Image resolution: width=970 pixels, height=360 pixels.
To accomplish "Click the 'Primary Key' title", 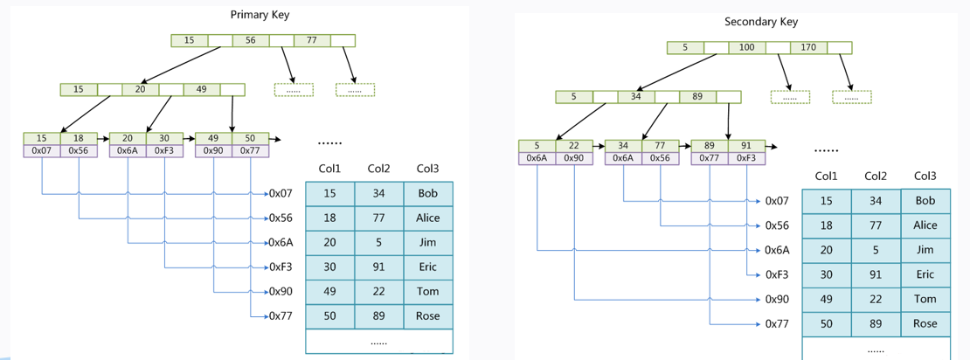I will point(260,15).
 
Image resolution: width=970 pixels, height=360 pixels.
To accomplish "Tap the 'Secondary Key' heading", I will point(760,22).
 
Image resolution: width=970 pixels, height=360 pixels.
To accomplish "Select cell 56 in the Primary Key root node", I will point(250,40).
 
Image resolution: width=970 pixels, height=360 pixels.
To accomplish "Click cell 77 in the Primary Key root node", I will point(311,40).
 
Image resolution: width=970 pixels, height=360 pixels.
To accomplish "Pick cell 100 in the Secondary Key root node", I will point(746,47).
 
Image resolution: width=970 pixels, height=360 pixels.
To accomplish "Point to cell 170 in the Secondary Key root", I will point(807,47).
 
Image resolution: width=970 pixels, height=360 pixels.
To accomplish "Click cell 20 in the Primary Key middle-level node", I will point(140,89).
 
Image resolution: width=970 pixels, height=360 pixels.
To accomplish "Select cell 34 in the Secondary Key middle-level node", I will point(635,96).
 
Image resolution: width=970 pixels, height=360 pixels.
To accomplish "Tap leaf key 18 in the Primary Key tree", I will point(79,138).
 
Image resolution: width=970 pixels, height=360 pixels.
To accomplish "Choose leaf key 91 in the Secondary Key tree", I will point(746,146).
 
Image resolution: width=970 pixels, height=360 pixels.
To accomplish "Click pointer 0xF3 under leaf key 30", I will point(164,150).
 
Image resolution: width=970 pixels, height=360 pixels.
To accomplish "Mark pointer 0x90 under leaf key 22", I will point(573,158).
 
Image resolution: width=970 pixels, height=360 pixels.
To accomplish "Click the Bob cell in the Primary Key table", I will point(428,193).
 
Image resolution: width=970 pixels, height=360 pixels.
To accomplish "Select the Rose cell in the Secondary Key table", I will point(925,323).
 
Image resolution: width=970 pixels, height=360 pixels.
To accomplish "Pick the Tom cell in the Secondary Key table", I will point(925,299).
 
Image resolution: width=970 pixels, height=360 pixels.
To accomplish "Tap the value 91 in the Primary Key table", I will point(379,267).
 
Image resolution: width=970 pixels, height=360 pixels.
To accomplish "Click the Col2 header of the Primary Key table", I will point(379,169).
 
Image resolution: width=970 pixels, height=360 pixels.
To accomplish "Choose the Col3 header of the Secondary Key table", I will point(925,176).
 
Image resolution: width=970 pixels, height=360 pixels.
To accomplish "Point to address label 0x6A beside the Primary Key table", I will point(280,242).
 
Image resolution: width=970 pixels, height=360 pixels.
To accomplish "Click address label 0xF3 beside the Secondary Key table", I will point(777,274).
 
